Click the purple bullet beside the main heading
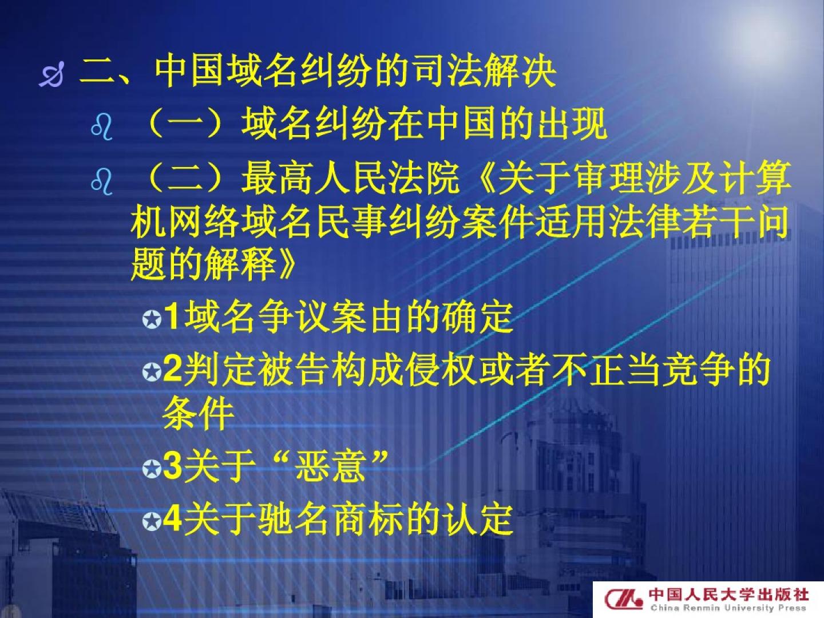click(x=51, y=74)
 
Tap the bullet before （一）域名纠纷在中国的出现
click(x=102, y=127)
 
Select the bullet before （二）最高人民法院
click(x=102, y=181)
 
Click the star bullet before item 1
click(x=152, y=320)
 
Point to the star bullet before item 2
click(x=152, y=372)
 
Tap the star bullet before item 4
click(x=152, y=521)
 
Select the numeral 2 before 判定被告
click(x=173, y=369)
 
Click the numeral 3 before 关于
click(x=173, y=466)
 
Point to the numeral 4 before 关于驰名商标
click(x=173, y=518)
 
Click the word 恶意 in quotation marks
click(x=330, y=466)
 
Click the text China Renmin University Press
click(x=728, y=608)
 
